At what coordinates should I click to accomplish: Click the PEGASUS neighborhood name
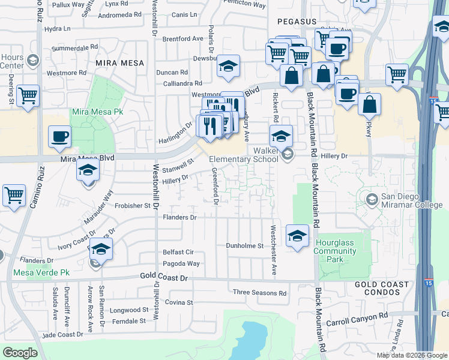[x=297, y=22]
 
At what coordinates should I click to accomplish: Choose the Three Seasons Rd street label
[x=260, y=293]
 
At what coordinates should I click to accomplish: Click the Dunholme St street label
[x=244, y=246]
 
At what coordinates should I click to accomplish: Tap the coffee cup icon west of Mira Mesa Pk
[x=59, y=136]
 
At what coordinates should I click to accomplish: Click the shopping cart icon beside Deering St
[x=28, y=95]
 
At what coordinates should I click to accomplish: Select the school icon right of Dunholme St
[x=297, y=235]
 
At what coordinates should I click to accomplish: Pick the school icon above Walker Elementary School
[x=280, y=136]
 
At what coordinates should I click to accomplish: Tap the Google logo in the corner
[x=20, y=353]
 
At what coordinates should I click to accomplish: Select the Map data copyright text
[x=411, y=355]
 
